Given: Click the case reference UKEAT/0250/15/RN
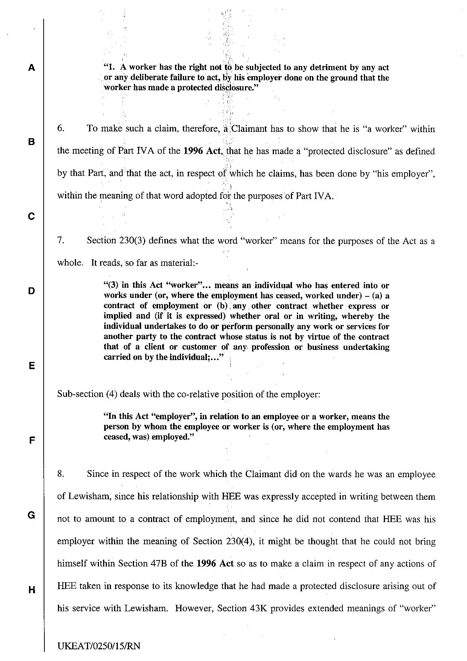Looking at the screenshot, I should pyautogui.click(x=99, y=646).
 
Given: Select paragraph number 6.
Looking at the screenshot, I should pyautogui.click(x=61, y=129).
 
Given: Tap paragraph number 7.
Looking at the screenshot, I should pyautogui.click(x=61, y=241).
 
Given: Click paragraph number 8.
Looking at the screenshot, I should pyautogui.click(x=61, y=474).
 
